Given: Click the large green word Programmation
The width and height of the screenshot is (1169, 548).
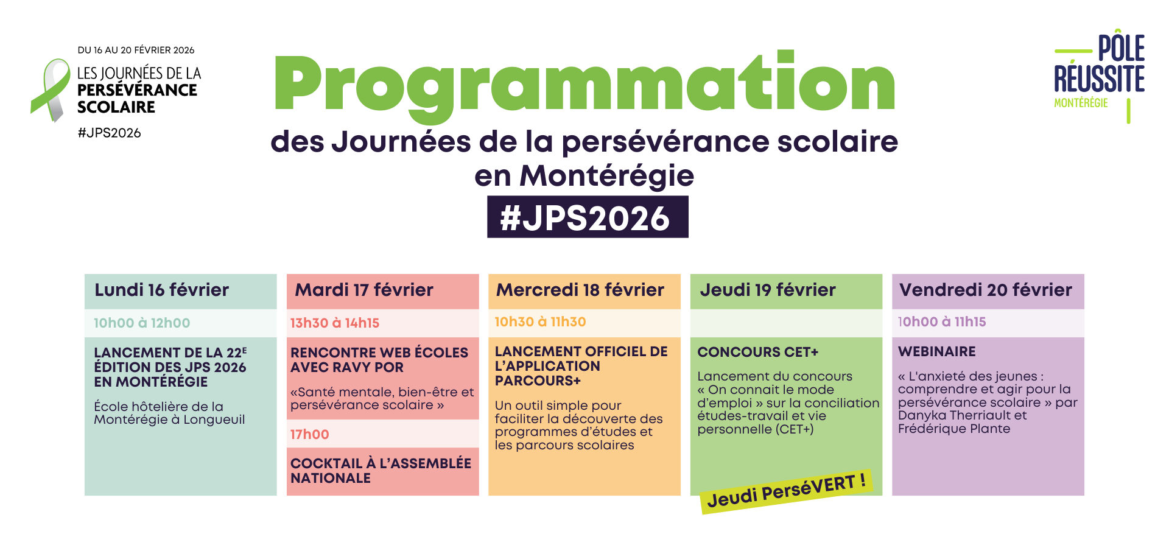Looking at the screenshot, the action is point(584,85).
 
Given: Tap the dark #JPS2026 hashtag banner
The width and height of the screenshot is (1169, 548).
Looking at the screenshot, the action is point(588,217).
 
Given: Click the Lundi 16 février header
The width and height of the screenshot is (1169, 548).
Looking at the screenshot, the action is point(162,290).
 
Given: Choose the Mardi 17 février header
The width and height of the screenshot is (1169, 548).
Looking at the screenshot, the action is point(364,290).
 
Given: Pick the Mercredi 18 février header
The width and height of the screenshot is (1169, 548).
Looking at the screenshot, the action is point(580,290).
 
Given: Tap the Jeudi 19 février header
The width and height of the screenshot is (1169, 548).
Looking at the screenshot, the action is point(768,290).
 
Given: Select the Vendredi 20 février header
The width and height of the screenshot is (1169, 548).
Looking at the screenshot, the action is point(986,290).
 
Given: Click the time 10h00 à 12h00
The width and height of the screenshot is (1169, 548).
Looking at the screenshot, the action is point(142,323).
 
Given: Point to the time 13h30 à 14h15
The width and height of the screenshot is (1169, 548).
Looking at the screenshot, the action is point(335,323).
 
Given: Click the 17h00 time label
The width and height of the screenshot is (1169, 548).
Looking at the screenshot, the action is point(310,435).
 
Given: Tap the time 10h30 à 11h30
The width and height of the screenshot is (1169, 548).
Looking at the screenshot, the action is point(540,322).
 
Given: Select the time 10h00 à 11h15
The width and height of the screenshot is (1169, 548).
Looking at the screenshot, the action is point(942,322).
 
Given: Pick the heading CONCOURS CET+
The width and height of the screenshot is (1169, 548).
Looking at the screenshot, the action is point(758,353).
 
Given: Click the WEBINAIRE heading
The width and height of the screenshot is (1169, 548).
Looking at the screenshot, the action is point(937,352).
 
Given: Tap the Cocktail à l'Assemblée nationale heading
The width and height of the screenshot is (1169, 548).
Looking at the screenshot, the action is point(381,471).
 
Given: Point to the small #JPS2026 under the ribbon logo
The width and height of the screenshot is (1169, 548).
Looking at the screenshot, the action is point(110,133).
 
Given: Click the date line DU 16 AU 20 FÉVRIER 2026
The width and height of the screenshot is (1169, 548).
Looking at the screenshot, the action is point(136,50).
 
